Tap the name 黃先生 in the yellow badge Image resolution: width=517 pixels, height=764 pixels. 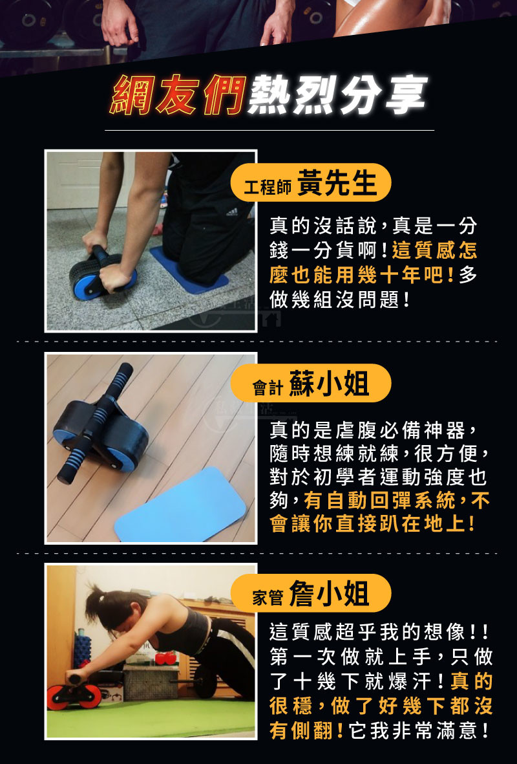tap(337, 182)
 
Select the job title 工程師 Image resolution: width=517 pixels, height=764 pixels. tap(268, 186)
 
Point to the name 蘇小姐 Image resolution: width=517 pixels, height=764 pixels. tap(329, 384)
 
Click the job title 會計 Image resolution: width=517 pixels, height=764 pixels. tap(268, 388)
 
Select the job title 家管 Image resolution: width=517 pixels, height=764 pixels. tap(268, 597)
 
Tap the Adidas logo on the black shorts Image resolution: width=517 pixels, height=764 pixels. tap(232, 212)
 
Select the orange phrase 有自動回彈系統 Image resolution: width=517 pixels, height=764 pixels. tap(380, 501)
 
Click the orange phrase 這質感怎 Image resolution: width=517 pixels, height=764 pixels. tap(434, 250)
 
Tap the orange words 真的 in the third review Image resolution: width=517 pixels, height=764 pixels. tap(471, 681)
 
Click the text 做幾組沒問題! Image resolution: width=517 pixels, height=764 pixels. tap(340, 300)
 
